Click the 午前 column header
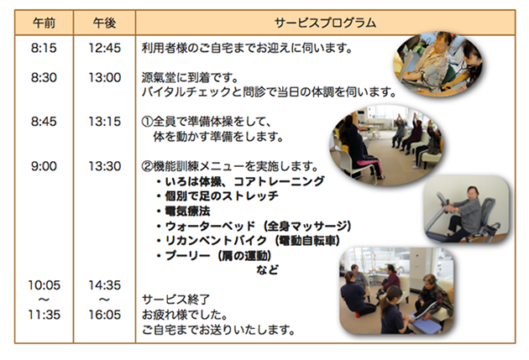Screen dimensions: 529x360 click(44, 23)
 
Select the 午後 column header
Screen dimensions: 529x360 click(105, 23)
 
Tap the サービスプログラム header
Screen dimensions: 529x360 click(325, 23)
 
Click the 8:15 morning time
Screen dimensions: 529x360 click(44, 48)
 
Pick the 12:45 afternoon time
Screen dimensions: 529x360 click(105, 48)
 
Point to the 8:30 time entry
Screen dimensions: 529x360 click(44, 77)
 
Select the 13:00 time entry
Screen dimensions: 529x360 click(105, 77)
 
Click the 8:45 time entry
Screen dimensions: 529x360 click(44, 122)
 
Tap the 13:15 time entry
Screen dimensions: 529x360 click(105, 122)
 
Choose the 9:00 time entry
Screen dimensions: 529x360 click(44, 166)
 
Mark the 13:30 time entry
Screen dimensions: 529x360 click(105, 166)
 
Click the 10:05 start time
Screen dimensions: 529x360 click(45, 285)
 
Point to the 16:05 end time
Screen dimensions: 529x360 click(105, 315)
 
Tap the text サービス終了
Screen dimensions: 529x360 click(175, 300)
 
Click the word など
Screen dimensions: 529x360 click(268, 269)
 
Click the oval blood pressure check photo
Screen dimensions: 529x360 click(438, 64)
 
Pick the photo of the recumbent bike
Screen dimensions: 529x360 click(467, 209)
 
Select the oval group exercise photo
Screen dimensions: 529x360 click(386, 145)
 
